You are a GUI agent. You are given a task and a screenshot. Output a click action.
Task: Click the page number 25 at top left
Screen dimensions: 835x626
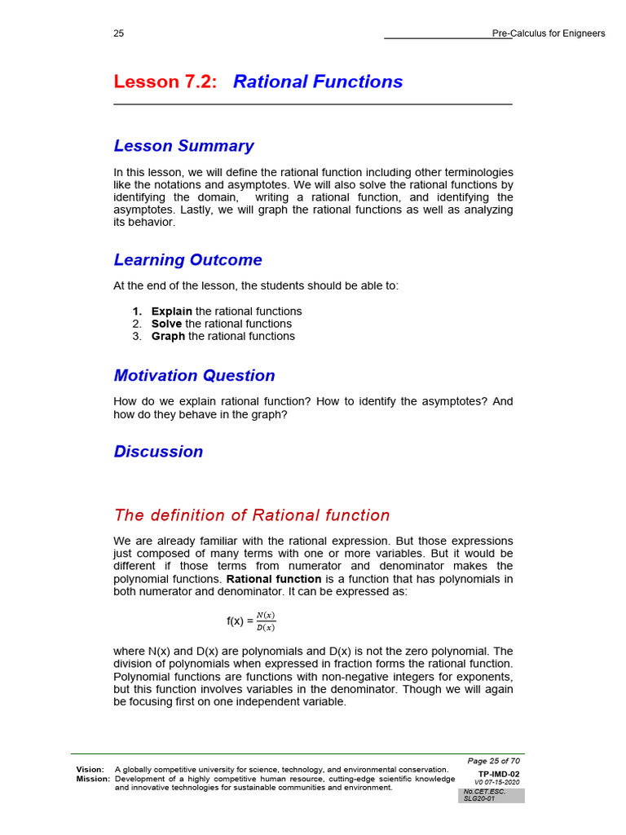click(x=119, y=33)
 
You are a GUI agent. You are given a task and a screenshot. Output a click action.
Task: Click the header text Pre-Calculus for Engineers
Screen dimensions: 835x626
click(x=549, y=33)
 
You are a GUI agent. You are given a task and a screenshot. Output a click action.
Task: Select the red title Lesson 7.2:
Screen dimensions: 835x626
click(x=165, y=82)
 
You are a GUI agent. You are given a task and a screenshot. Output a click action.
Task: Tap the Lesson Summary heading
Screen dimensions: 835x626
click(x=183, y=146)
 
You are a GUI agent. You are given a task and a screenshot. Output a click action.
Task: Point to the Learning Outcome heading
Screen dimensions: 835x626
click(x=187, y=260)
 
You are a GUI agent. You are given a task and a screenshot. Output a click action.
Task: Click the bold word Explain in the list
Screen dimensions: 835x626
click(x=172, y=311)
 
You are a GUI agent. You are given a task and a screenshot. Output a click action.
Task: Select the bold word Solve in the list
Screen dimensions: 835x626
click(x=166, y=324)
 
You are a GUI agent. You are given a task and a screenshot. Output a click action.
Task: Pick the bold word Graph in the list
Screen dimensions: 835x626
click(x=168, y=336)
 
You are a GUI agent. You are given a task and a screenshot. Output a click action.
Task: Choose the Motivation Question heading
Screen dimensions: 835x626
click(x=194, y=376)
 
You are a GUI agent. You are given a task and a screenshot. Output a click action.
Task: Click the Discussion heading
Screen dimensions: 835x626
click(x=158, y=452)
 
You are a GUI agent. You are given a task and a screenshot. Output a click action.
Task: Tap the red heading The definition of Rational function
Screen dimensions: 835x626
click(x=252, y=515)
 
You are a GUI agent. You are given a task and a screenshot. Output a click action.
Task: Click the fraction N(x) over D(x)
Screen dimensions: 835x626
click(x=266, y=621)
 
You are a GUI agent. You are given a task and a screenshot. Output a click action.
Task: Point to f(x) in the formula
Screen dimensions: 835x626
click(x=236, y=621)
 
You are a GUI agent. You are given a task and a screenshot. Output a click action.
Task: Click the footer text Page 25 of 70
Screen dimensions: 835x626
click(x=493, y=761)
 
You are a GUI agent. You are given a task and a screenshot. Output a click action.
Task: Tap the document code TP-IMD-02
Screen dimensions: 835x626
click(x=498, y=774)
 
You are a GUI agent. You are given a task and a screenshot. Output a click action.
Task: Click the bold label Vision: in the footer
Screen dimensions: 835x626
click(x=90, y=770)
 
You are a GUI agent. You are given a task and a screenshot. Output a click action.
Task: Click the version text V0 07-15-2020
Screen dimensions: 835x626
click(x=496, y=782)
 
